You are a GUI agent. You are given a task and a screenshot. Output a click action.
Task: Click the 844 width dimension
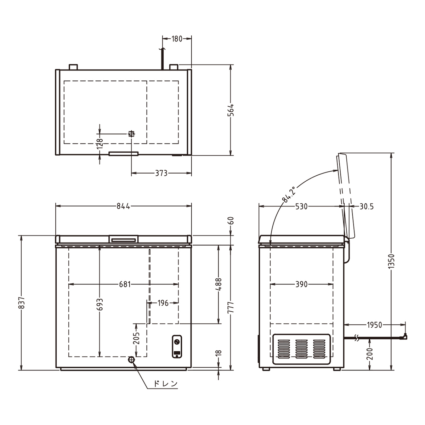(123, 206)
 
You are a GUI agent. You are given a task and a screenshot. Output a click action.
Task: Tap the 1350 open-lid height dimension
(391, 261)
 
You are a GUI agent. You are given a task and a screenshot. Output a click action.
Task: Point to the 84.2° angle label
(289, 194)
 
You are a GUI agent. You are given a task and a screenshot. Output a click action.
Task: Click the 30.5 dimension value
(367, 206)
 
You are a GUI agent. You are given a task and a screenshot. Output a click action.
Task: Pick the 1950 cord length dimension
(374, 325)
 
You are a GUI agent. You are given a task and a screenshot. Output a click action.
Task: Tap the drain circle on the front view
(131, 360)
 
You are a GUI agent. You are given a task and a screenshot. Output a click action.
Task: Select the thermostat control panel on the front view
(177, 346)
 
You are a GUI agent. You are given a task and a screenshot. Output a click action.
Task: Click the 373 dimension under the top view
(161, 173)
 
